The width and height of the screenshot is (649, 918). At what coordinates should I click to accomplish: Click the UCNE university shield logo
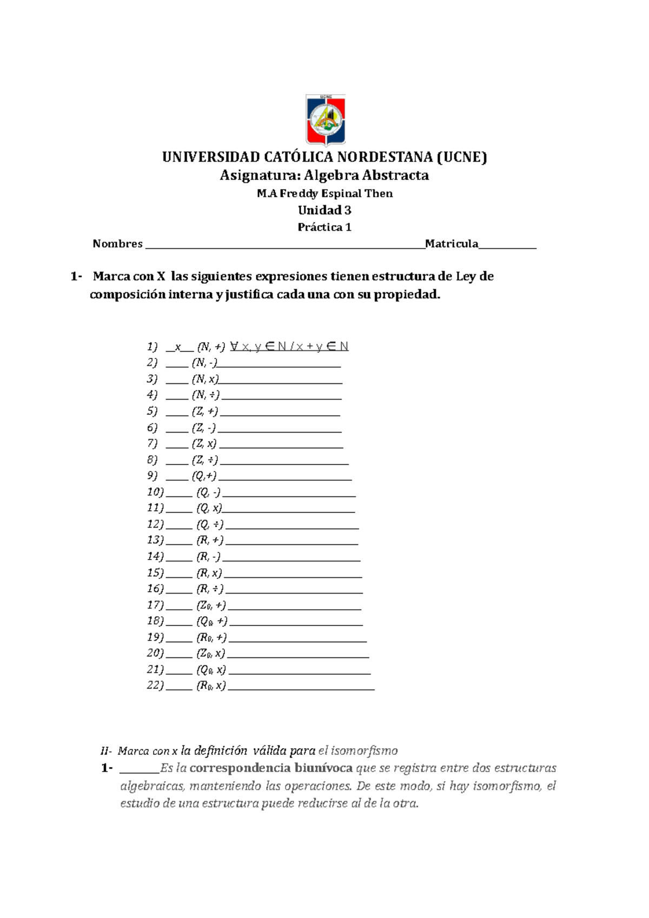click(325, 120)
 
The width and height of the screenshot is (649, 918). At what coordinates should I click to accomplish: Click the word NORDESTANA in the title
click(385, 157)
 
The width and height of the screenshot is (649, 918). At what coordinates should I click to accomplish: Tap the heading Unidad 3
click(325, 210)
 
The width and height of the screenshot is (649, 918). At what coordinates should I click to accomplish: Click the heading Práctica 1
click(325, 227)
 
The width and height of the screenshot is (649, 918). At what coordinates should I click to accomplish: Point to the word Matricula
click(452, 244)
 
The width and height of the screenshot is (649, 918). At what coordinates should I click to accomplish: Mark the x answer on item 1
click(178, 347)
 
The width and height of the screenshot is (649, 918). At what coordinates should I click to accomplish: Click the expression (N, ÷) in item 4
click(206, 395)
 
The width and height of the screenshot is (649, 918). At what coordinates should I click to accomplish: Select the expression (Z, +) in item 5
click(205, 411)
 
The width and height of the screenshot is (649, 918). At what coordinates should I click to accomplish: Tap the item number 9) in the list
click(152, 476)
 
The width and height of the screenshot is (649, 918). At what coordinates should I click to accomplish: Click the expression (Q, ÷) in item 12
click(210, 524)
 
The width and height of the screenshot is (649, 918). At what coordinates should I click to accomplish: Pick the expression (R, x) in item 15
click(209, 573)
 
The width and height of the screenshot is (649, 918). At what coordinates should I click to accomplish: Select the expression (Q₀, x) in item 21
click(211, 670)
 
